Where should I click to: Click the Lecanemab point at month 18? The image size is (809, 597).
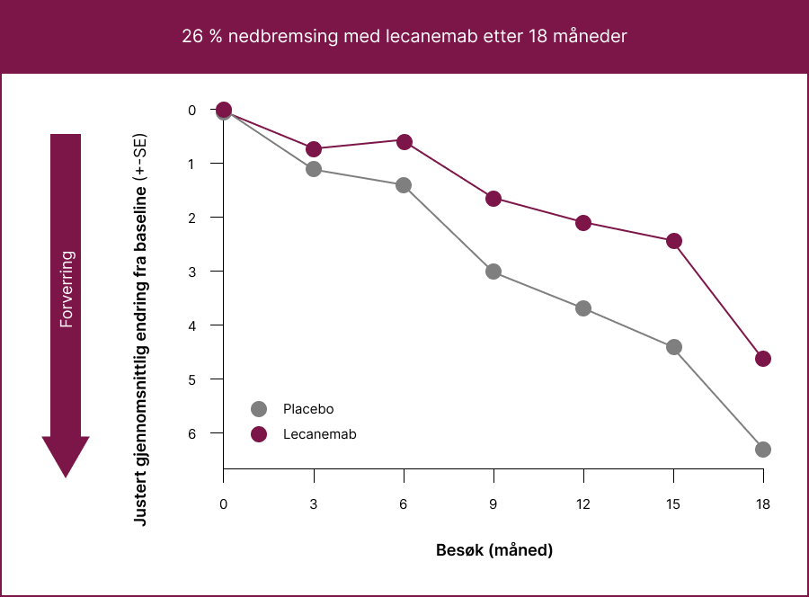click(x=763, y=359)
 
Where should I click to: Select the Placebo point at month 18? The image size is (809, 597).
click(x=763, y=450)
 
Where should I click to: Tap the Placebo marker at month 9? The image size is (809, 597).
click(x=493, y=272)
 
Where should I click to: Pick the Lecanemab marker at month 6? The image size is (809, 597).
click(x=404, y=142)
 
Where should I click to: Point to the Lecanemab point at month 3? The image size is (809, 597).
click(x=314, y=148)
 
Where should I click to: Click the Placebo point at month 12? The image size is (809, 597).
click(x=583, y=308)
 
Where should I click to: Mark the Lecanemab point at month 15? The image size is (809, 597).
click(x=673, y=241)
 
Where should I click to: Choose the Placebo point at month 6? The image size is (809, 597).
click(x=404, y=185)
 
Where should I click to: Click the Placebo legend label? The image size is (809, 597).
click(x=308, y=409)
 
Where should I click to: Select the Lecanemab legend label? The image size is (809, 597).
click(x=319, y=434)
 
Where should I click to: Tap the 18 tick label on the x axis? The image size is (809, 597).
click(x=763, y=504)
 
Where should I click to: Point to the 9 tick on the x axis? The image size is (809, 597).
click(x=493, y=504)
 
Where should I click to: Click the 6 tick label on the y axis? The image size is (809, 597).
click(x=191, y=433)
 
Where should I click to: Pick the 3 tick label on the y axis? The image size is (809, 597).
click(x=191, y=272)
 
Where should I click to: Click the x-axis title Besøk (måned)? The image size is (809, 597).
click(x=493, y=549)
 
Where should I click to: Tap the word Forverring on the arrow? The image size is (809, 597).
click(x=66, y=289)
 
